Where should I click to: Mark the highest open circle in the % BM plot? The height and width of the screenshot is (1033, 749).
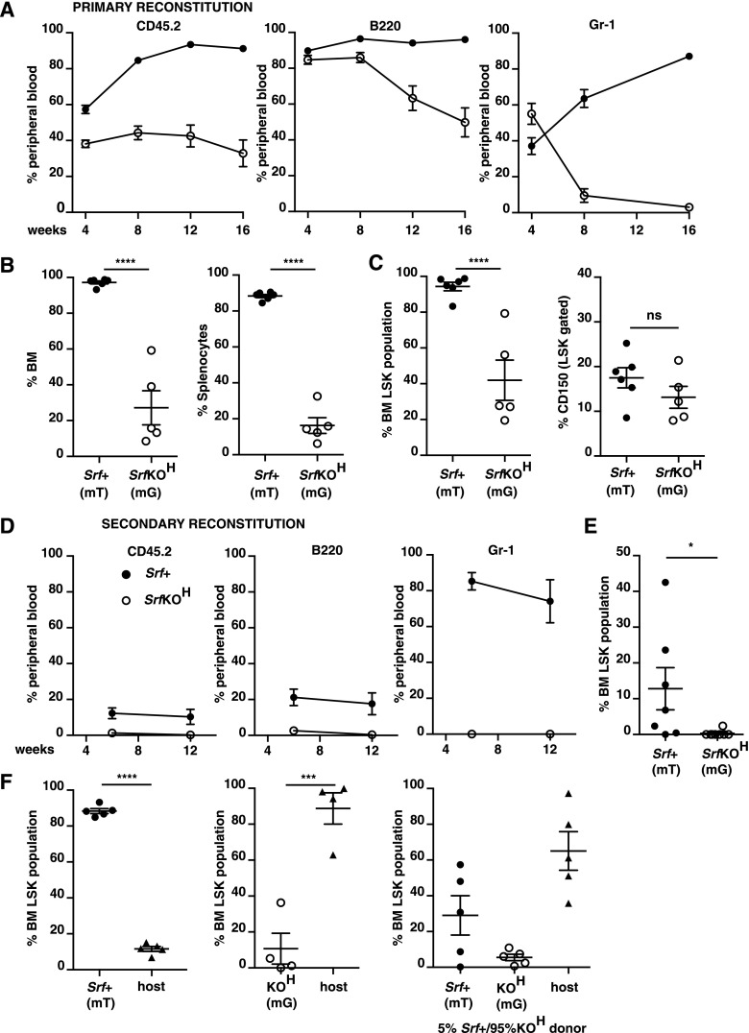click(151, 350)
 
